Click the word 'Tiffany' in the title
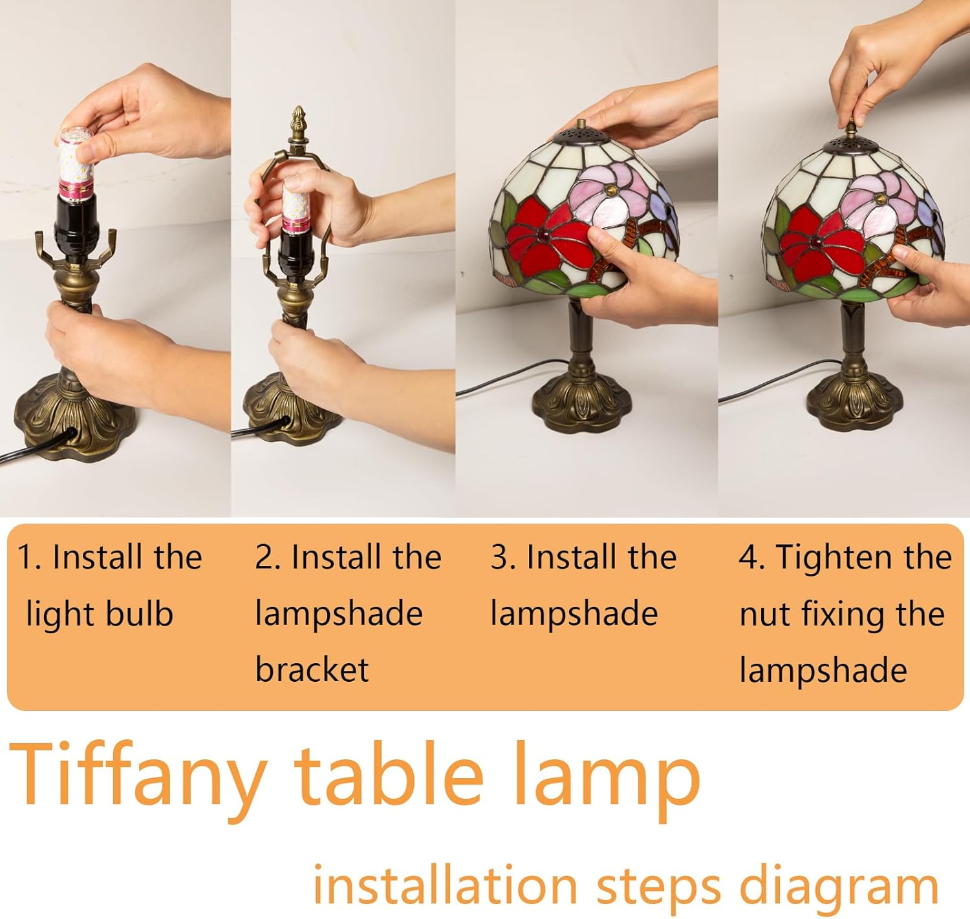138,783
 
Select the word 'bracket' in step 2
312,670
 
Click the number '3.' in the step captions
502,556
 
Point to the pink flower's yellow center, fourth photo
879,199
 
